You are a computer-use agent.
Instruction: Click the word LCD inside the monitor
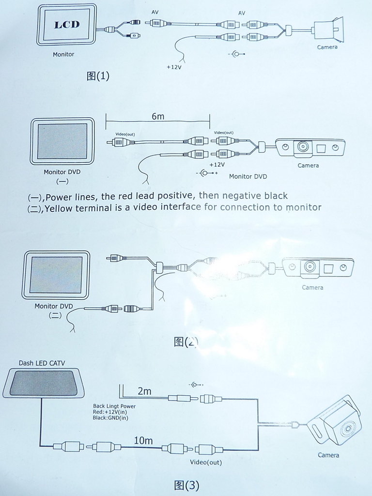[66, 25]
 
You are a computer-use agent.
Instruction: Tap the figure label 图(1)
[98, 76]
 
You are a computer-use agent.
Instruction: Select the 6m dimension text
[157, 117]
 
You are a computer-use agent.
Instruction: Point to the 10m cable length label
[143, 440]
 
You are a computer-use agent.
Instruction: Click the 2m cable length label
[144, 391]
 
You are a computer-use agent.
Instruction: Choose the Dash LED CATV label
[42, 363]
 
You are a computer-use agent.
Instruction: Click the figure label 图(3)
[186, 485]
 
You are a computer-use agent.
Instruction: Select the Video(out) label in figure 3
[206, 462]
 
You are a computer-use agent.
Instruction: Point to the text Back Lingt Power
[114, 406]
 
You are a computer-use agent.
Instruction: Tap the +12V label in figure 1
[173, 67]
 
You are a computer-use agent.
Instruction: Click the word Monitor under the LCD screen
[63, 54]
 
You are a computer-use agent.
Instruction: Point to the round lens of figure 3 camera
[347, 428]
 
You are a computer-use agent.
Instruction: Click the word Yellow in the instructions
[60, 208]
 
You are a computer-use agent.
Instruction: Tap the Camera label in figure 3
[328, 455]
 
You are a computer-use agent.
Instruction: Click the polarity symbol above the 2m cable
[196, 385]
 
